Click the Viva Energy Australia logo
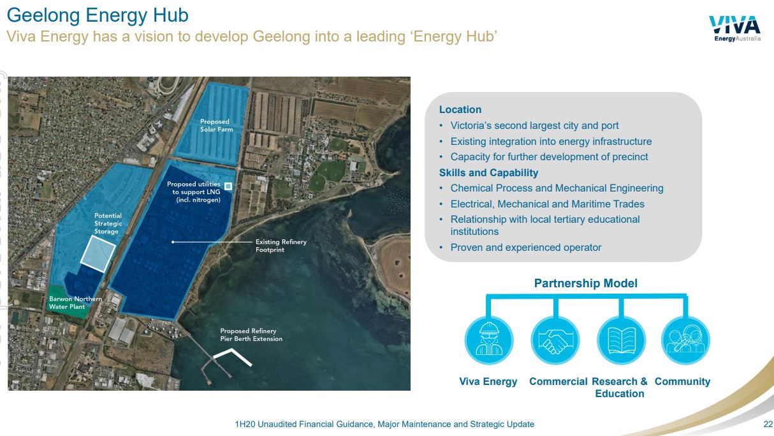pos(735,28)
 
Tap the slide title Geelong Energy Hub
pos(98,15)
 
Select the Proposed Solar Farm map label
pos(217,125)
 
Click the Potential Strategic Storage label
pos(108,223)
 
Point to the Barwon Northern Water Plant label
pos(75,303)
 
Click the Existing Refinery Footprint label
pos(281,246)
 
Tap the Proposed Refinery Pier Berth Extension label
pos(251,335)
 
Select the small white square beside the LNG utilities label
pos(228,186)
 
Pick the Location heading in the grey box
pos(460,109)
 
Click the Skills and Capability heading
pos(488,172)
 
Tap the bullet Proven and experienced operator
pos(525,248)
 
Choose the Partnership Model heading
pos(586,283)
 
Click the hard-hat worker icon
pos(489,340)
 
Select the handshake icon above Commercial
pos(555,340)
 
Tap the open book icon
pos(621,340)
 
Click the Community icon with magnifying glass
pos(685,340)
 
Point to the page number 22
pos(768,425)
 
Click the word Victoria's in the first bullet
pos(471,125)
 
